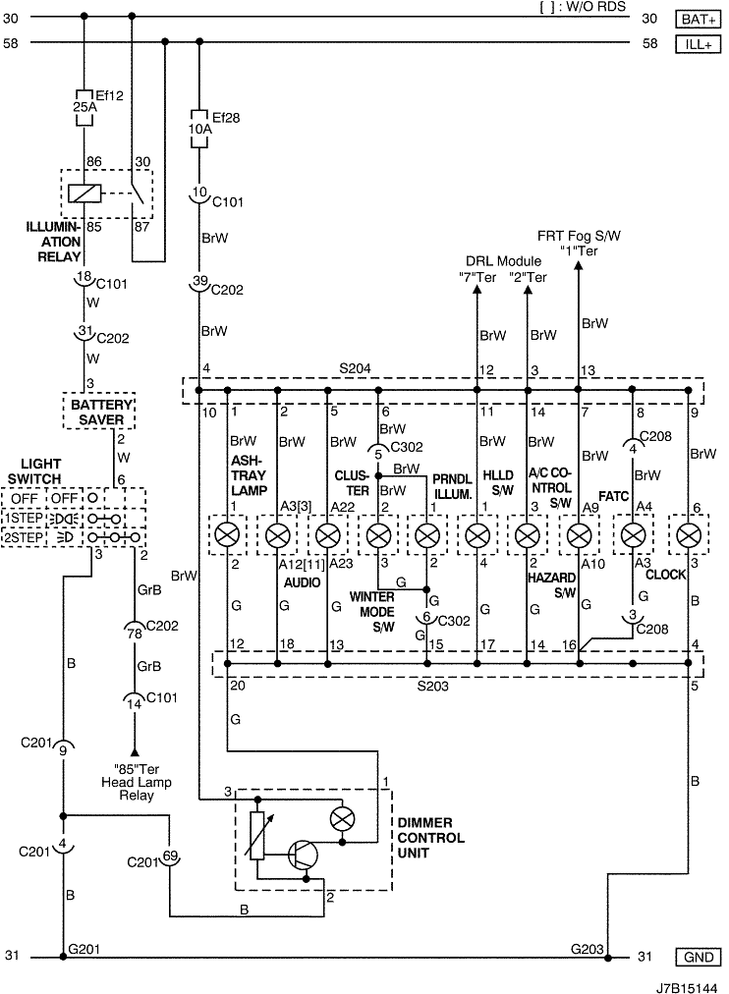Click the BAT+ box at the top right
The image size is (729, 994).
[x=698, y=20]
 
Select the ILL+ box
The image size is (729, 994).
[x=698, y=44]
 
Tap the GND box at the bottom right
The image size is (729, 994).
[x=698, y=958]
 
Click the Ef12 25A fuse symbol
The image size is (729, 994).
[x=84, y=107]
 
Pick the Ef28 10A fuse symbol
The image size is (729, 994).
[x=199, y=130]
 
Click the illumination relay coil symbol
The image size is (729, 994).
[x=84, y=193]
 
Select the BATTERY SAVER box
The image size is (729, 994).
[x=101, y=413]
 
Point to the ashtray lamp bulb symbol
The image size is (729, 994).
[x=227, y=536]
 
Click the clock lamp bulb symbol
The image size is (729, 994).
[x=688, y=536]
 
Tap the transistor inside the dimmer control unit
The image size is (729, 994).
[x=303, y=856]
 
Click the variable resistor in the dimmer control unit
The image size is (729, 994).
[x=257, y=836]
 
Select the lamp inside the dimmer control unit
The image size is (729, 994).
[x=342, y=819]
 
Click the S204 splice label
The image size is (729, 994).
[x=355, y=369]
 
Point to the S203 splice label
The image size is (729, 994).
[x=433, y=687]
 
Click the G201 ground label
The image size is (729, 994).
[x=84, y=949]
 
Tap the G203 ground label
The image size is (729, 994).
[x=587, y=949]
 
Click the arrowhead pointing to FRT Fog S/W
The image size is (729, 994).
[x=578, y=265]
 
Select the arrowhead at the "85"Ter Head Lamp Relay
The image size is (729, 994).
[x=135, y=752]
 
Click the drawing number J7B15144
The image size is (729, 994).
[x=687, y=988]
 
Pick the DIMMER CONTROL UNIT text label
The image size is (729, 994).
[x=431, y=838]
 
